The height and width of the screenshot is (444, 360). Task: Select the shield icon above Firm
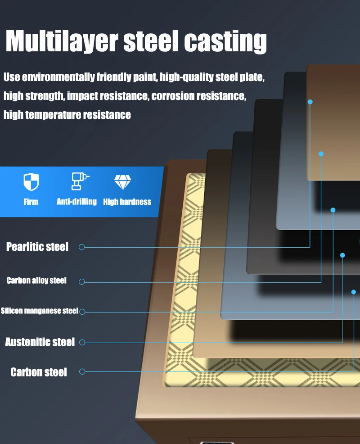31,181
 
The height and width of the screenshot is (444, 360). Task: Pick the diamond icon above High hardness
122,182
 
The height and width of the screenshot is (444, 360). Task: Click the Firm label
31,202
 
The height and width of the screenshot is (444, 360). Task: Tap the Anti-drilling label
76,202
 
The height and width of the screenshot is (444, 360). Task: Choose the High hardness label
127,202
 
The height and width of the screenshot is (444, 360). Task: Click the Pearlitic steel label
37,247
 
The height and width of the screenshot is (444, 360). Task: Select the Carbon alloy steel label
36,281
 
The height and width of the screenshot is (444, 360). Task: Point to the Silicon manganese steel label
39,311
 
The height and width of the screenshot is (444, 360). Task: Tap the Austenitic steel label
40,342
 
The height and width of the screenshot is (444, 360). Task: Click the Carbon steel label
39,372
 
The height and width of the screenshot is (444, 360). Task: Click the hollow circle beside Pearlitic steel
82,247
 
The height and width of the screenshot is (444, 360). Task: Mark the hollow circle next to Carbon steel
82,372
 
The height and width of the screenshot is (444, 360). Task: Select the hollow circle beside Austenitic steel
82,342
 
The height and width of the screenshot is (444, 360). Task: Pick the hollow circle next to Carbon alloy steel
82,281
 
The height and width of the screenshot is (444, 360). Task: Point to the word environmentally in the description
58,77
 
